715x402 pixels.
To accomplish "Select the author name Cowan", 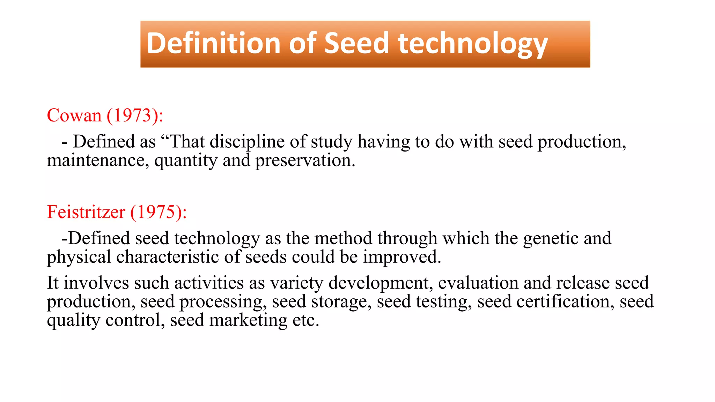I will coord(74,115).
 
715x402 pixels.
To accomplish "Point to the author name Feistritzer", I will coord(86,212).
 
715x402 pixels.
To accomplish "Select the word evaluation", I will coord(478,283).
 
